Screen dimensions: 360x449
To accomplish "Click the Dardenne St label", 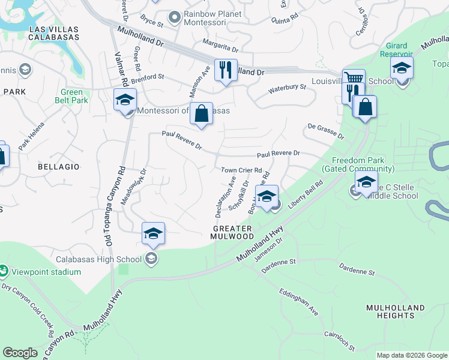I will pos(277,262).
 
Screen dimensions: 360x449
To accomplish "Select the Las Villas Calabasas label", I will pos(49,34).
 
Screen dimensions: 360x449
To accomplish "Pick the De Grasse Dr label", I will pos(326,131).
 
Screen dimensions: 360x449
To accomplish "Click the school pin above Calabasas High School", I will pos(153,233).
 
